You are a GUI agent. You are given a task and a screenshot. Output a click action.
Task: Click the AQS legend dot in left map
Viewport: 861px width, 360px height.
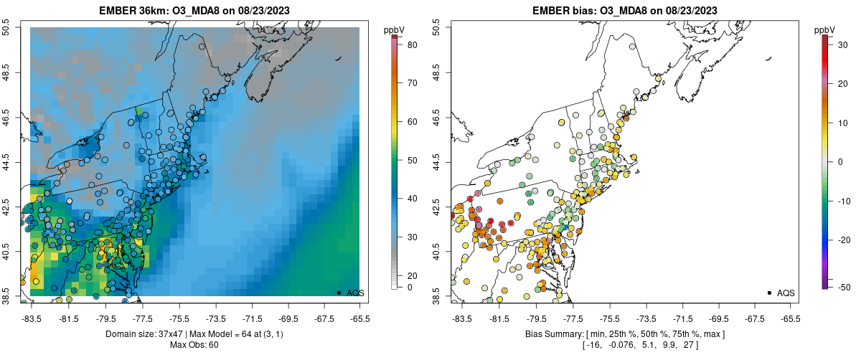click(x=339, y=293)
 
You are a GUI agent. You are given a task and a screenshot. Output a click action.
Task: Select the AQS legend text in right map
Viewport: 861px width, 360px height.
click(x=786, y=293)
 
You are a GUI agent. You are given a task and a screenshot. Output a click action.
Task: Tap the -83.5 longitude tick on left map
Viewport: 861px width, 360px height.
click(x=31, y=318)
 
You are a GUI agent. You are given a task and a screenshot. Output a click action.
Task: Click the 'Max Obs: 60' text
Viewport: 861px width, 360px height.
click(x=194, y=345)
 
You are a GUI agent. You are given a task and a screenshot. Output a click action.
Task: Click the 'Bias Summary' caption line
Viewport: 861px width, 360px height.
click(x=624, y=334)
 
